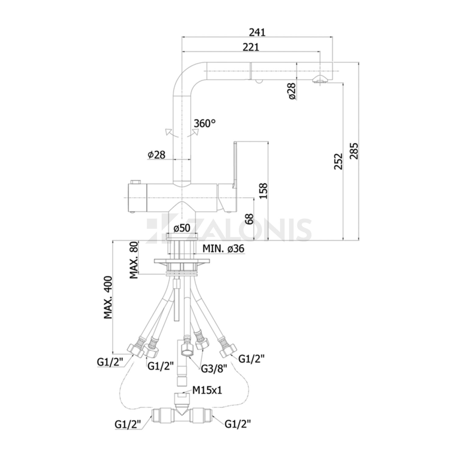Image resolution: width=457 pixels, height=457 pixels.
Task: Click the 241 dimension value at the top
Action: click(x=257, y=32)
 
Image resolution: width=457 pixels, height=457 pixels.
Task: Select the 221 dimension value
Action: click(x=251, y=47)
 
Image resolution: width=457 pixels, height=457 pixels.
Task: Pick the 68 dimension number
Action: click(x=249, y=219)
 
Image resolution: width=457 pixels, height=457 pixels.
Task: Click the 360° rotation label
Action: click(x=204, y=123)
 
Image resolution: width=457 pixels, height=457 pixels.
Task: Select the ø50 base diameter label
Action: click(x=182, y=228)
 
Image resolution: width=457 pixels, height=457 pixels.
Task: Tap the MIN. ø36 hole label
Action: click(x=223, y=249)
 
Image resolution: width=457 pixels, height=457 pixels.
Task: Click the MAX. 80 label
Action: click(x=134, y=260)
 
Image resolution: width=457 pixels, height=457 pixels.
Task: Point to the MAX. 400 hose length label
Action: click(x=108, y=298)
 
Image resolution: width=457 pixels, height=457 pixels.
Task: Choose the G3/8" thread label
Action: click(x=214, y=369)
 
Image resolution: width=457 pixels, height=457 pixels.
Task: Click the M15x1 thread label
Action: click(x=207, y=390)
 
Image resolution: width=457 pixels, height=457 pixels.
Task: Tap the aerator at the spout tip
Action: click(x=320, y=79)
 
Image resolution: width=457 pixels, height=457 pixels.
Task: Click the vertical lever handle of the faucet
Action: click(x=235, y=165)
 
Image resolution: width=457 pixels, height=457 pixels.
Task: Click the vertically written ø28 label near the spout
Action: click(x=292, y=91)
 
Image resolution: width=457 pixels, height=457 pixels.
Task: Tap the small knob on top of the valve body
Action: click(x=135, y=182)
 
